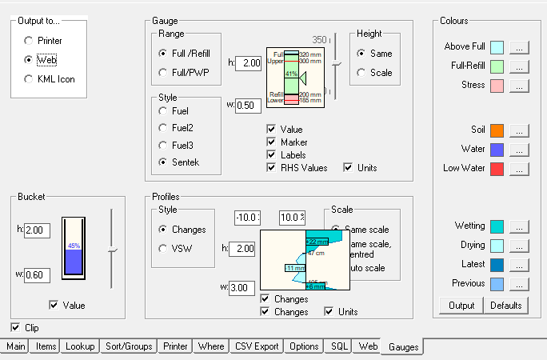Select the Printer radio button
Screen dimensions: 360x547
click(x=30, y=40)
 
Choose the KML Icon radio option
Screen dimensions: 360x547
click(x=30, y=79)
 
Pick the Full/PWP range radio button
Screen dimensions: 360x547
click(x=165, y=72)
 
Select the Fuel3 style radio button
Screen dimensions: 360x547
click(x=165, y=145)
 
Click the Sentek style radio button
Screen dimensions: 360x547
click(x=165, y=162)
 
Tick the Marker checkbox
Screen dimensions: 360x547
click(x=272, y=142)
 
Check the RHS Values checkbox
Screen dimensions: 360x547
click(x=272, y=167)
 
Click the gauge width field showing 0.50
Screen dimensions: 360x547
click(x=246, y=105)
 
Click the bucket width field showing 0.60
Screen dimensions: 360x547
click(x=37, y=274)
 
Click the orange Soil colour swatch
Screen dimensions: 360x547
click(x=497, y=130)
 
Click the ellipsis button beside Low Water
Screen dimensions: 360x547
click(x=519, y=169)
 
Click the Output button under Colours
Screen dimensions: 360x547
click(x=461, y=305)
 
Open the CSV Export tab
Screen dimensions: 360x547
click(x=257, y=346)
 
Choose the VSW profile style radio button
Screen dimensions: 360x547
click(x=165, y=248)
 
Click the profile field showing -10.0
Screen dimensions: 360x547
click(x=248, y=218)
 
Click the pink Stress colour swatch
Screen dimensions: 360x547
click(x=497, y=85)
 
